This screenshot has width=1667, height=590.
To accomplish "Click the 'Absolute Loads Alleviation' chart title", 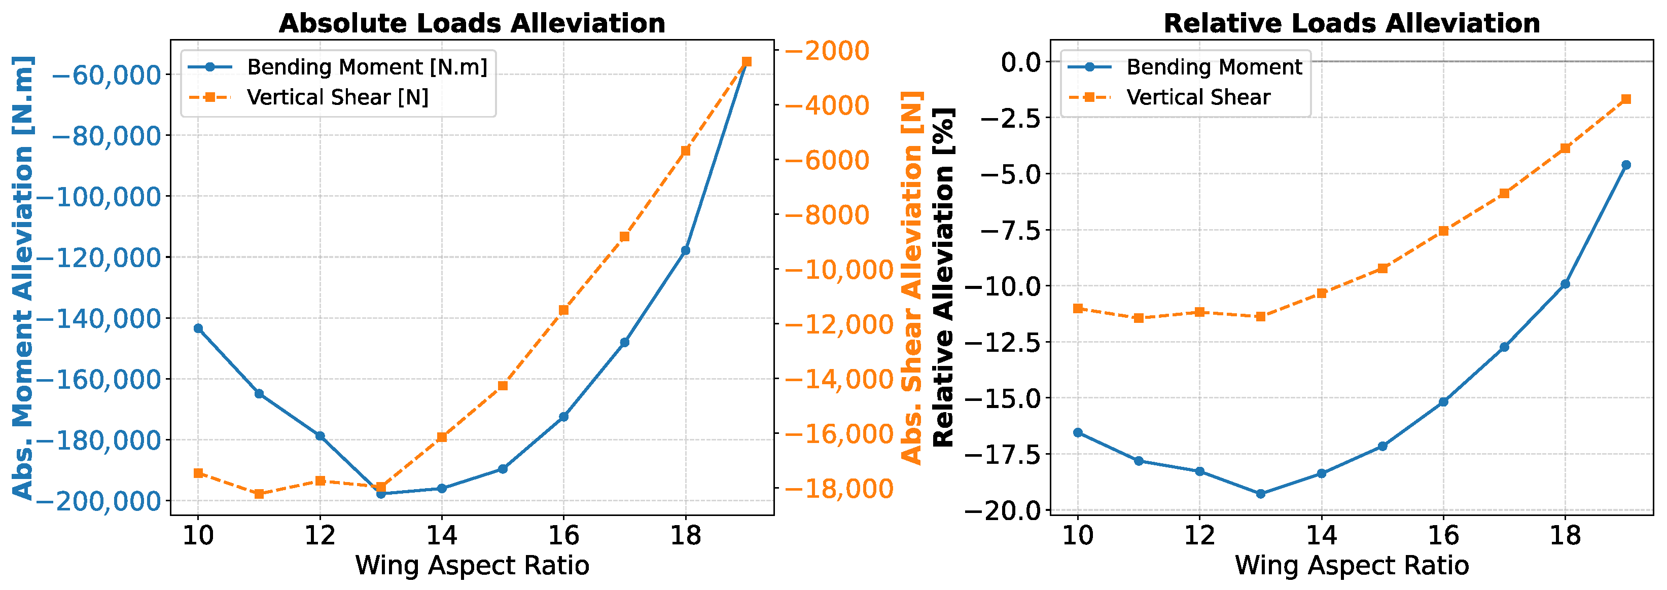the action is coord(472,23).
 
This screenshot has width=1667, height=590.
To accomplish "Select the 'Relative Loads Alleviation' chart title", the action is coord(1352,23).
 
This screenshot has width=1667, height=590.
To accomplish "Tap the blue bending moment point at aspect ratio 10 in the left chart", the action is coord(198,328).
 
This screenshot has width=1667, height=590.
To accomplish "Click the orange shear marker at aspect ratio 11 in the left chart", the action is coord(259,494).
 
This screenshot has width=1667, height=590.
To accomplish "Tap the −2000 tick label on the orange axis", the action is coord(828,51).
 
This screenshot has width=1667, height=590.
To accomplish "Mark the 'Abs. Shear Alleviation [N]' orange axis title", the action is coord(912,278).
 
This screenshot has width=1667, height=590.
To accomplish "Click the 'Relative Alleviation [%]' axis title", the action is coord(944,278).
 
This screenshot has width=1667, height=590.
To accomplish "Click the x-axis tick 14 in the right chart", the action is coord(1322,536).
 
